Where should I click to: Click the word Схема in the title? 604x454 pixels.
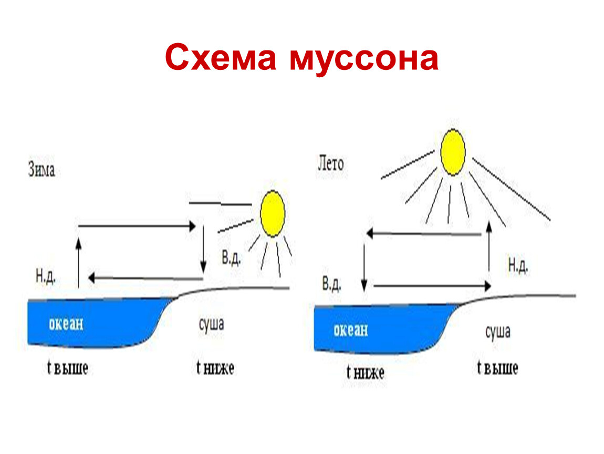point(220,57)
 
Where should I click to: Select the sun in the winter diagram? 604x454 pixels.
point(273,213)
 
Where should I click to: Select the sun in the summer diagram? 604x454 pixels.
point(453,152)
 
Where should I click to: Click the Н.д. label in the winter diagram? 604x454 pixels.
point(46,276)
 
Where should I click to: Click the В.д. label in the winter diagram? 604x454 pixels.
point(231,258)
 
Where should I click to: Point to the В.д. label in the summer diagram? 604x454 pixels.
point(332,284)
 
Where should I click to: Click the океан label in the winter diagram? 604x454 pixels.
point(66,323)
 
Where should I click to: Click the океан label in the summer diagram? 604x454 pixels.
point(351,330)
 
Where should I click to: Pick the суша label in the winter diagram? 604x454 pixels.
point(211,323)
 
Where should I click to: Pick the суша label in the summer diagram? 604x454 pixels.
point(497,331)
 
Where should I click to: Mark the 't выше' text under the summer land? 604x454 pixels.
point(497,368)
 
